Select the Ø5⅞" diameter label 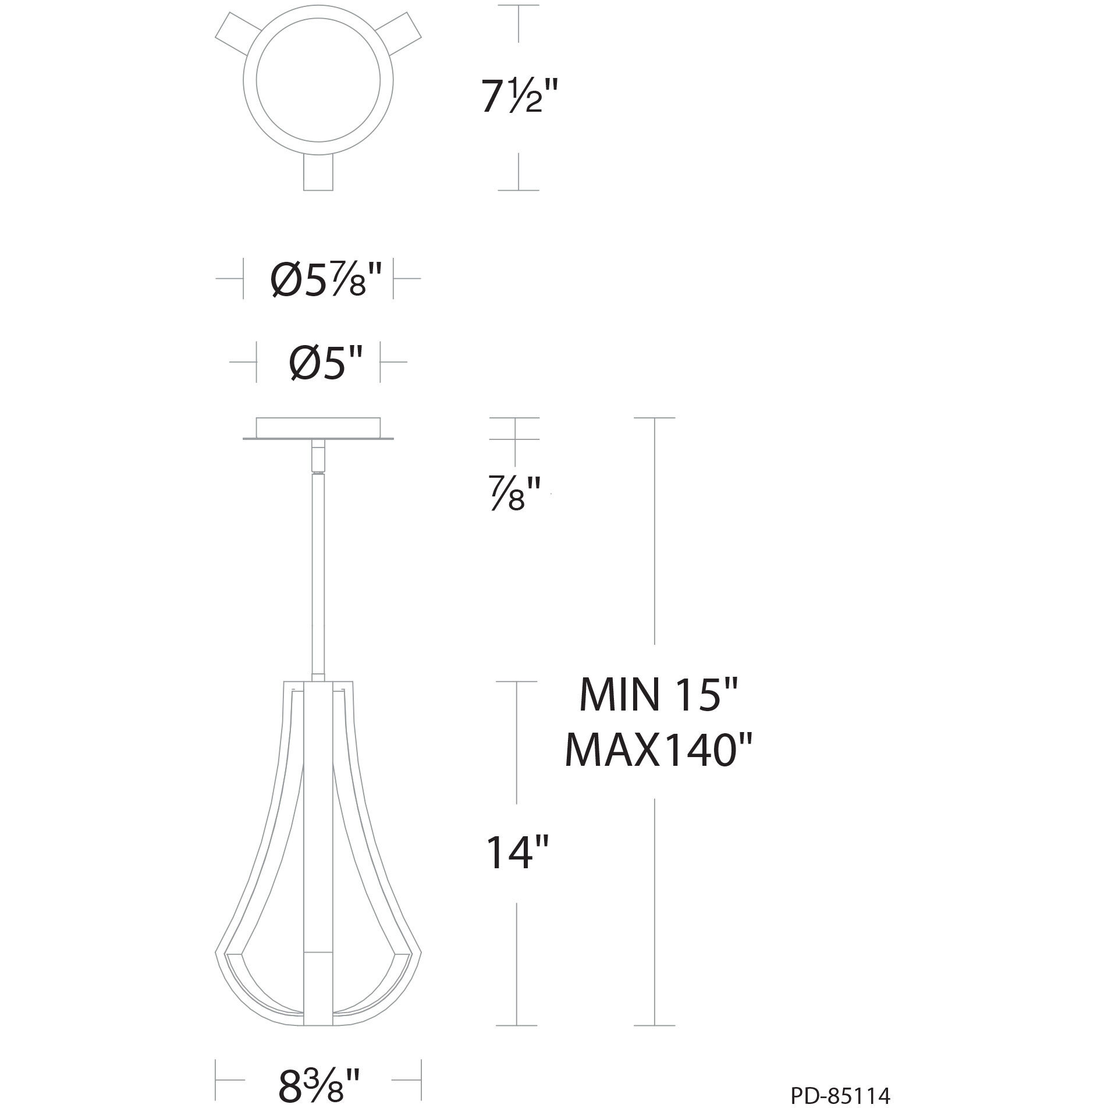pyautogui.click(x=326, y=279)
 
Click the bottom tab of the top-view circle pyautogui.click(x=319, y=172)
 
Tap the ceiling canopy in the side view pyautogui.click(x=318, y=427)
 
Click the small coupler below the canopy pyautogui.click(x=318, y=457)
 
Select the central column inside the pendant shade pyautogui.click(x=318, y=844)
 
